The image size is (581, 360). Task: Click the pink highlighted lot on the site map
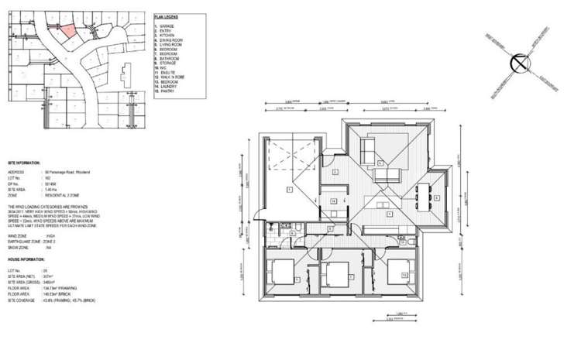tap(67, 31)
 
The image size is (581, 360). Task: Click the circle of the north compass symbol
tap(518, 64)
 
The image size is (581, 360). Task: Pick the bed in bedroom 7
tap(335, 275)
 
